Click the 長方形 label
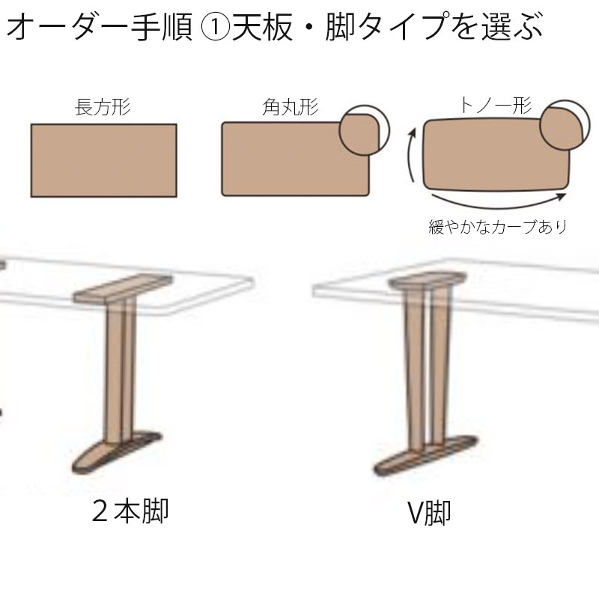pyautogui.click(x=103, y=106)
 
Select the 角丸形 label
pyautogui.click(x=291, y=106)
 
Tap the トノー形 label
pyautogui.click(x=496, y=105)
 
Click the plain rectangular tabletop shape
pyautogui.click(x=103, y=160)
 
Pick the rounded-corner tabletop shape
pyautogui.click(x=291, y=159)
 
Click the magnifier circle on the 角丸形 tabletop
pyautogui.click(x=365, y=130)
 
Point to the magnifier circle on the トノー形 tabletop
pyautogui.click(x=565, y=125)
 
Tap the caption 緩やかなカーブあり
pyautogui.click(x=497, y=227)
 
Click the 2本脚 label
pyautogui.click(x=130, y=511)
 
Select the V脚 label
pyautogui.click(x=429, y=513)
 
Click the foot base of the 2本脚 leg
pyautogui.click(x=117, y=452)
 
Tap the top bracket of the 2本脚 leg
pyautogui.click(x=123, y=289)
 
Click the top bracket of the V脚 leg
pyautogui.click(x=428, y=280)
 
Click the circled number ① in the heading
pyautogui.click(x=215, y=27)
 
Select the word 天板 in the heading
pyautogui.click(x=263, y=27)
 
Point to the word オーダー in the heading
pyautogui.click(x=67, y=27)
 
